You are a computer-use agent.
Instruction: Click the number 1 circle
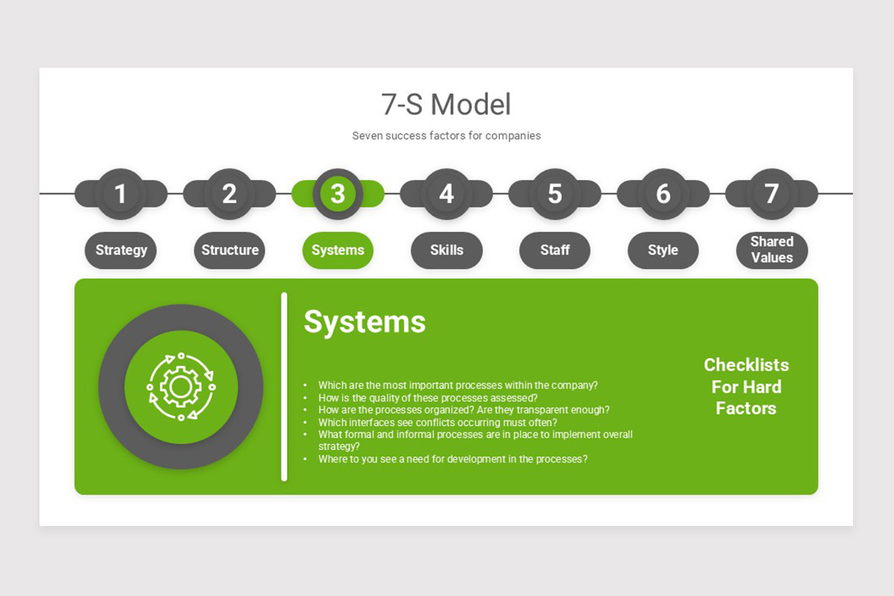coord(121,194)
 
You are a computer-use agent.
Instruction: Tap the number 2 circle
coord(229,194)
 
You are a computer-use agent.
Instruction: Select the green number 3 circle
coord(337,194)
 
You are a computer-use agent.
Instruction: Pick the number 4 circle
coord(446,194)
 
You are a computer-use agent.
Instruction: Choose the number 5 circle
coord(554,194)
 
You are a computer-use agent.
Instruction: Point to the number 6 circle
coord(663,194)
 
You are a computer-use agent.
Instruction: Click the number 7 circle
coord(772,194)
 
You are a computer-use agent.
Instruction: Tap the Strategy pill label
coord(121,250)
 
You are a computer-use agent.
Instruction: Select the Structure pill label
coord(229,250)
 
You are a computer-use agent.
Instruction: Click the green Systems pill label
coord(337,250)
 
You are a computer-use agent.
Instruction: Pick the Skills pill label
coord(446,250)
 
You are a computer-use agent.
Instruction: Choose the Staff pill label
coord(554,250)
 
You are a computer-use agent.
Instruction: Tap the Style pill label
coord(663,250)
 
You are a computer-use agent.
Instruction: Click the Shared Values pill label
coord(772,250)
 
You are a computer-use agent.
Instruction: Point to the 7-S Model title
coord(446,104)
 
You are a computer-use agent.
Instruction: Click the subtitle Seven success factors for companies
coord(446,136)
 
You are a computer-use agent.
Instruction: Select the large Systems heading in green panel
coord(364,322)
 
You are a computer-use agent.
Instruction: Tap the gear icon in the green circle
coord(180,386)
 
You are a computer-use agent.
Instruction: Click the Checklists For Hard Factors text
coord(746,387)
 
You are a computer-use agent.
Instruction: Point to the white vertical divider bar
coord(284,387)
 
